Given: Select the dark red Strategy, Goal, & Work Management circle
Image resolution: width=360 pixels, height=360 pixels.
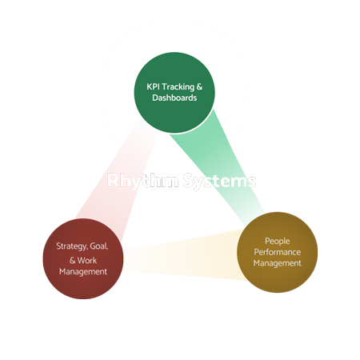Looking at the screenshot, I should tap(82, 258).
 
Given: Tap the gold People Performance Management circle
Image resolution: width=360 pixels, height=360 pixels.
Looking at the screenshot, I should tap(273, 250).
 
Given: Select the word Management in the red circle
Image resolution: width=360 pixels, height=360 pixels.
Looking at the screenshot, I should tap(82, 271).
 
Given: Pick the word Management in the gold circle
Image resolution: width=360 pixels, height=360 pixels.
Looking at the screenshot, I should tap(273, 262).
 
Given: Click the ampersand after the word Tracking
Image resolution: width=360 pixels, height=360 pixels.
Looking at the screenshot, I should tap(204, 86).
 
